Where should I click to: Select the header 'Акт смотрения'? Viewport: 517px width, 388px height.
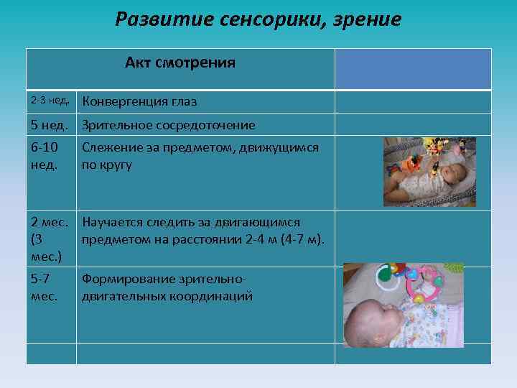[180, 63]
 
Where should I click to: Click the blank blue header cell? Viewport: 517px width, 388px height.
[413, 68]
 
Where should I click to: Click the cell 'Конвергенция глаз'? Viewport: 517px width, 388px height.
[139, 102]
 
